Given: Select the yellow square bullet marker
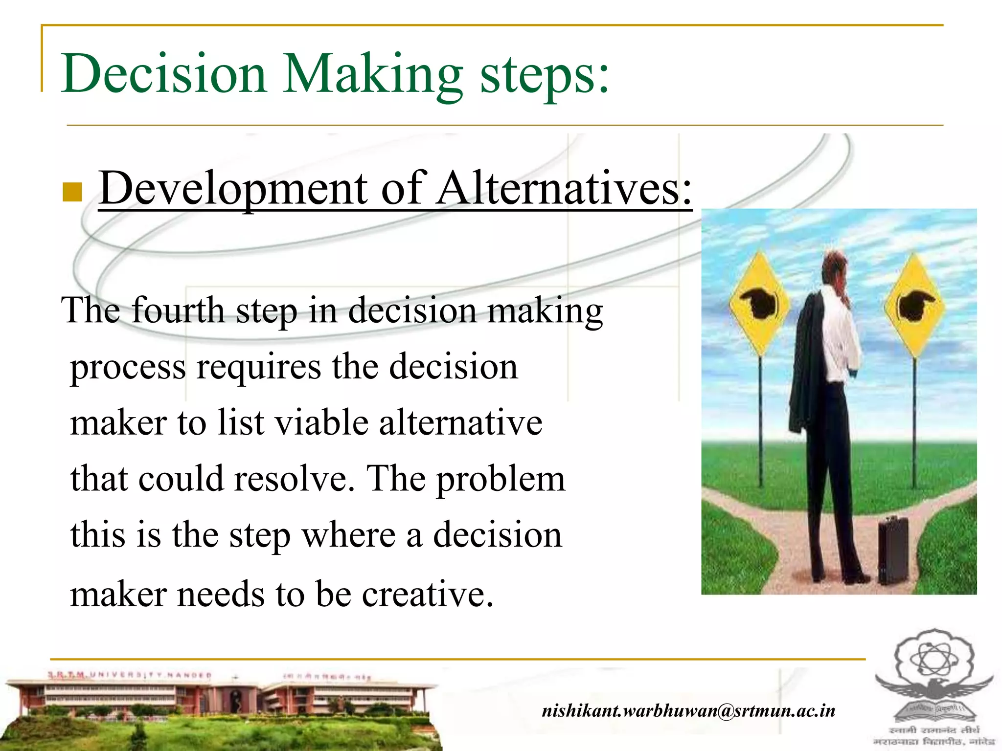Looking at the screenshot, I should (72, 192).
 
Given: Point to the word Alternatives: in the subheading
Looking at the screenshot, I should (565, 188).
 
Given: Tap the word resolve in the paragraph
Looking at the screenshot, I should (294, 479).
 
